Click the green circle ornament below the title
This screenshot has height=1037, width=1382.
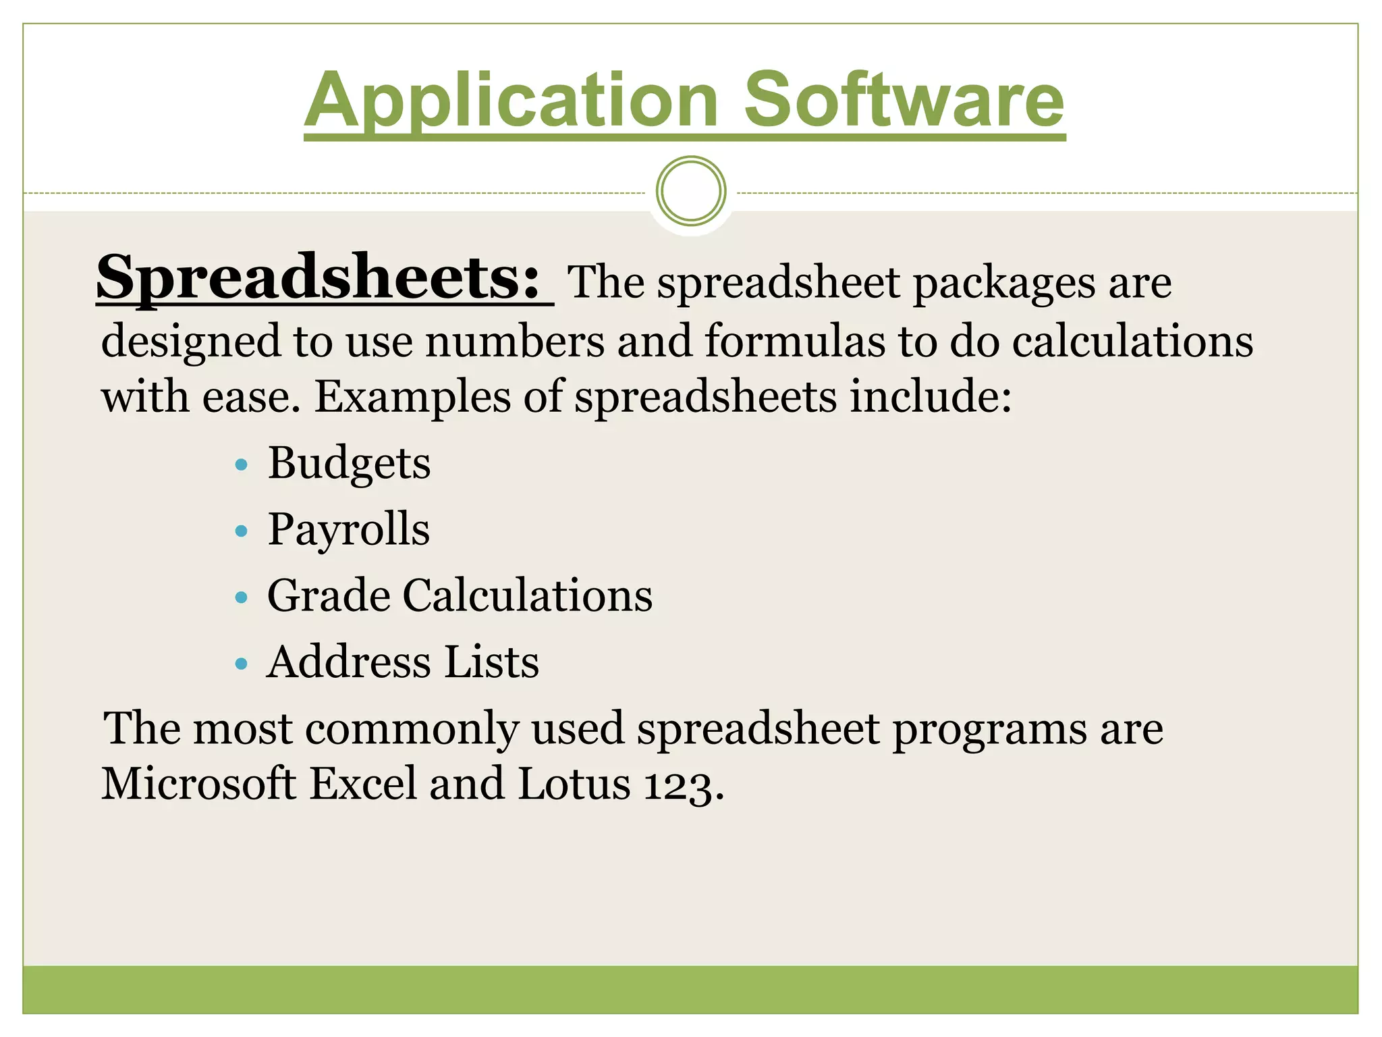tap(691, 191)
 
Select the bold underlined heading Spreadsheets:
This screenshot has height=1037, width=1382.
tap(319, 277)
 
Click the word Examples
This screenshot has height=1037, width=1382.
tap(412, 396)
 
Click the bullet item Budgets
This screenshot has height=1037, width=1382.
tap(349, 464)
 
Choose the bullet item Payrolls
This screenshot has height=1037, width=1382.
tap(348, 529)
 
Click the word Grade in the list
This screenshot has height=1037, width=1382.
tap(329, 595)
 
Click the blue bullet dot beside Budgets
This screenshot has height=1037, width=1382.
tap(242, 465)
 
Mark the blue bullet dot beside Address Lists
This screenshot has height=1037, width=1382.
tap(242, 664)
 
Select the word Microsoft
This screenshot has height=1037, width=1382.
tap(199, 784)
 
